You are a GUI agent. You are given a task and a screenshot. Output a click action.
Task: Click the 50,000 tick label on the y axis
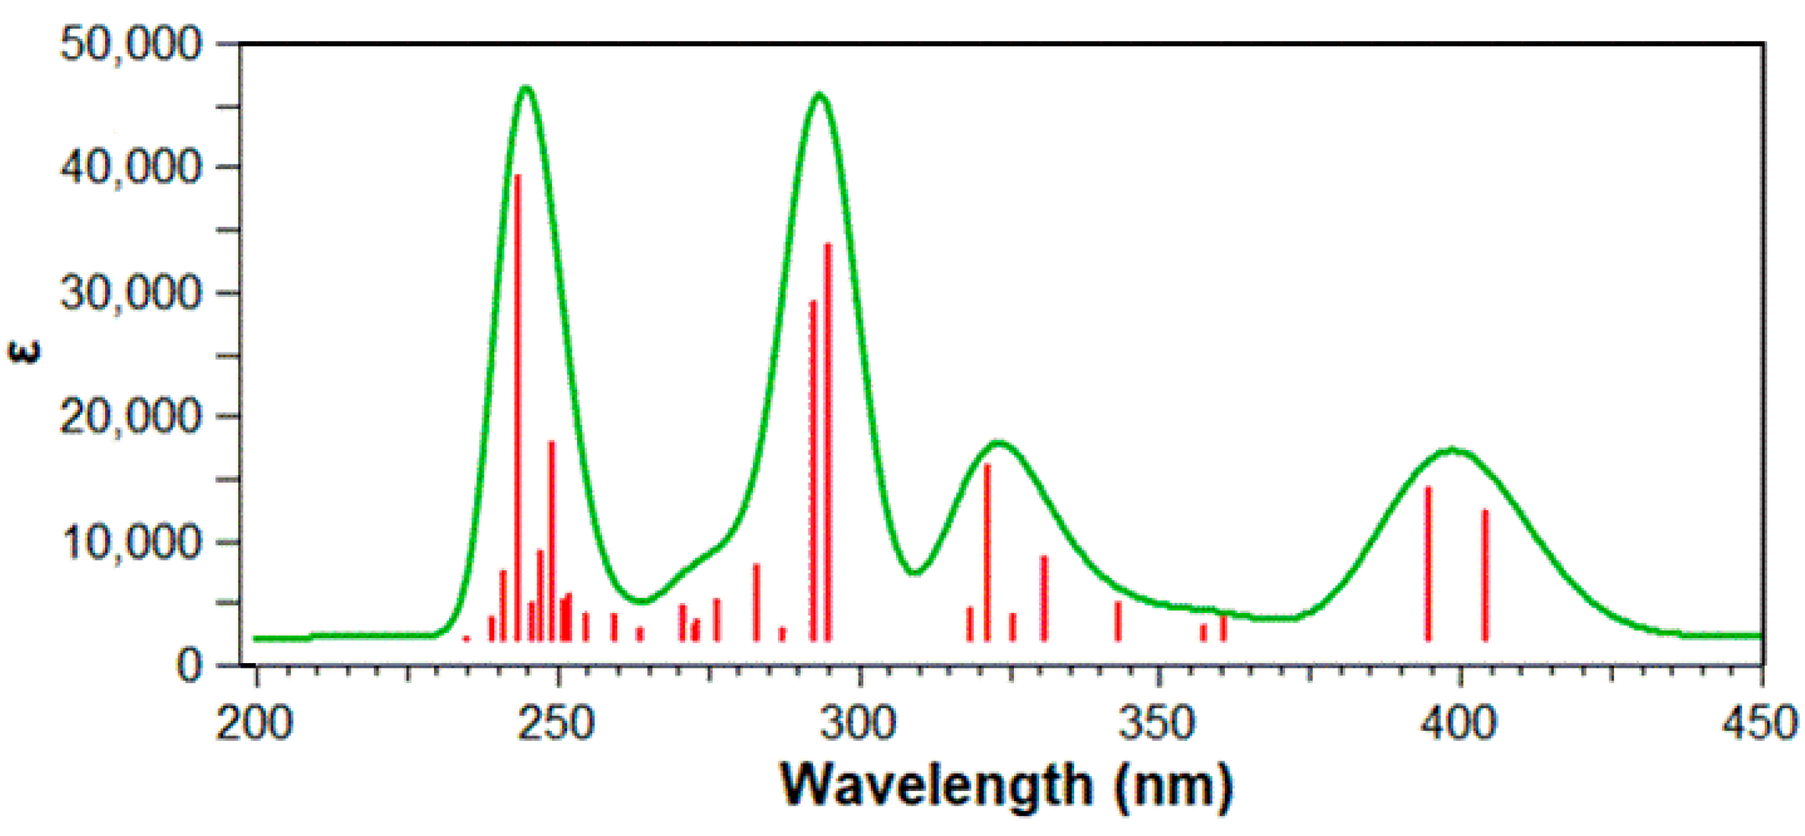pyautogui.click(x=130, y=43)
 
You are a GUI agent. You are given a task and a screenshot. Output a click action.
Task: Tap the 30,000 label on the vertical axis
pyautogui.click(x=130, y=292)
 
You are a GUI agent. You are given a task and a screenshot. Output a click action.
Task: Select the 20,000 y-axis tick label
pyautogui.click(x=130, y=416)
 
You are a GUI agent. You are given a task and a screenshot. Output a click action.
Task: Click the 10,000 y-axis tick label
pyautogui.click(x=130, y=542)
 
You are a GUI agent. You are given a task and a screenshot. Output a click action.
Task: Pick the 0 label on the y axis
pyautogui.click(x=190, y=667)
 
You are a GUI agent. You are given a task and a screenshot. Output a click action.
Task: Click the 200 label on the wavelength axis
pyautogui.click(x=254, y=723)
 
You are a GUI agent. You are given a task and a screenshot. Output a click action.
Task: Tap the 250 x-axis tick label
pyautogui.click(x=556, y=723)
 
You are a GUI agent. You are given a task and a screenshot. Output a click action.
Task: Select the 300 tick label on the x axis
pyautogui.click(x=858, y=723)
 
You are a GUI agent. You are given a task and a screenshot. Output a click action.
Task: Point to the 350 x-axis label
pyautogui.click(x=1157, y=723)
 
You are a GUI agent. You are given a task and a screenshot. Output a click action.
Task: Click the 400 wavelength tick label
pyautogui.click(x=1459, y=723)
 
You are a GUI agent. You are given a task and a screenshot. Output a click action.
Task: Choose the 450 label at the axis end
pyautogui.click(x=1759, y=723)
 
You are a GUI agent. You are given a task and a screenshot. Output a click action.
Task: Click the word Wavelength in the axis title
pyautogui.click(x=936, y=785)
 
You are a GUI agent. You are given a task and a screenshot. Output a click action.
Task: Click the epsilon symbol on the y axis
pyautogui.click(x=23, y=353)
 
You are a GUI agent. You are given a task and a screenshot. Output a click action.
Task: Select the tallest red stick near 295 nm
pyautogui.click(x=828, y=442)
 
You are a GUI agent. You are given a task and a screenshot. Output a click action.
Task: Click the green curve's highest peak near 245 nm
pyautogui.click(x=527, y=88)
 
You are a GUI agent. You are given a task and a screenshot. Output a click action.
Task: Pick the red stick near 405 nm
pyautogui.click(x=1485, y=575)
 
